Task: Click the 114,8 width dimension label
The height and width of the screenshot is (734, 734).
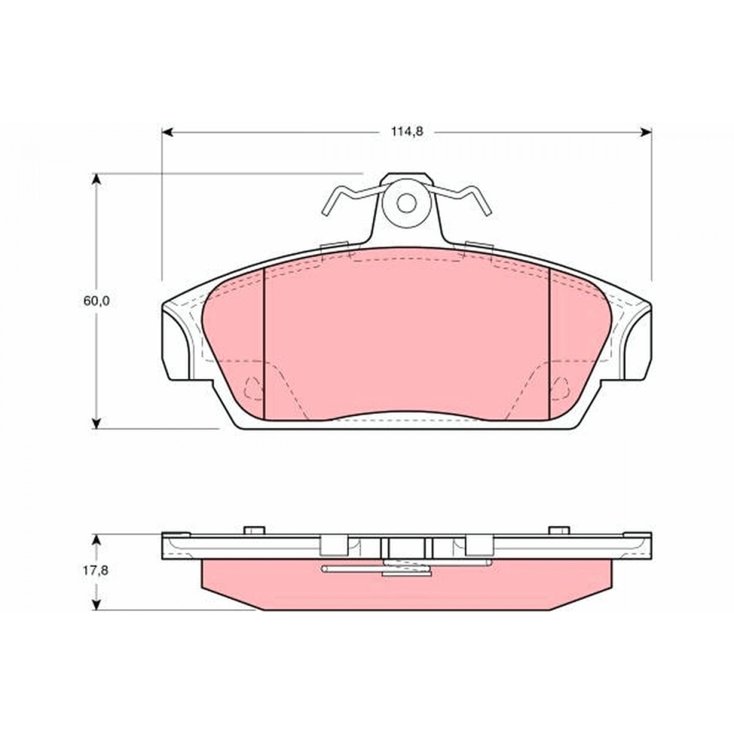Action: (x=407, y=132)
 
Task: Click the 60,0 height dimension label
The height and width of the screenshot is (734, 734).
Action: (x=96, y=301)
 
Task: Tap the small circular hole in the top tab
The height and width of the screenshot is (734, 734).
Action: (x=406, y=203)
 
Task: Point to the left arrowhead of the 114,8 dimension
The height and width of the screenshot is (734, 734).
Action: (x=168, y=132)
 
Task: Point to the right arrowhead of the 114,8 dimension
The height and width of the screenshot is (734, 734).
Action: (x=646, y=132)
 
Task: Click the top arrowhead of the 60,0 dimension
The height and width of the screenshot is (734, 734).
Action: (x=97, y=180)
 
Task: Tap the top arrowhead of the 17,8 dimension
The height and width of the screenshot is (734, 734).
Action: (x=97, y=541)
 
